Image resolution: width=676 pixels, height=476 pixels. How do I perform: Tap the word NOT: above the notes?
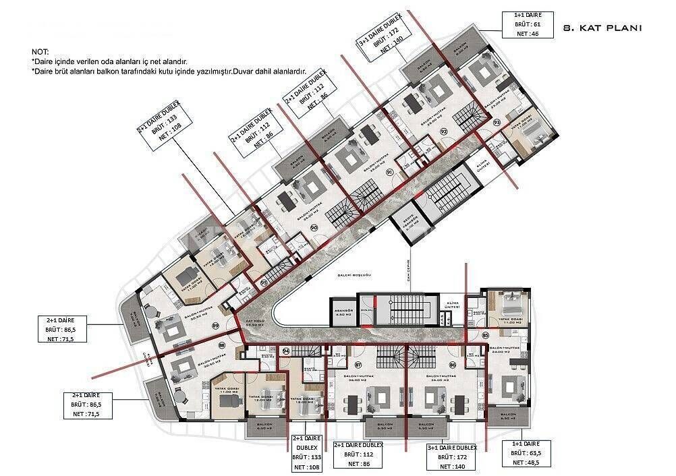(40, 52)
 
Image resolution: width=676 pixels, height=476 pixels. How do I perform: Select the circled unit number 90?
(314, 228)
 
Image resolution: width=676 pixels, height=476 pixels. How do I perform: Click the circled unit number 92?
(444, 131)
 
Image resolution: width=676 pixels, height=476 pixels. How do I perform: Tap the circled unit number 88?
(221, 345)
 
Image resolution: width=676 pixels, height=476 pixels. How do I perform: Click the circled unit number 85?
(486, 335)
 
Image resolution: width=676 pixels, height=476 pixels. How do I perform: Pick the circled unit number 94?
(286, 351)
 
